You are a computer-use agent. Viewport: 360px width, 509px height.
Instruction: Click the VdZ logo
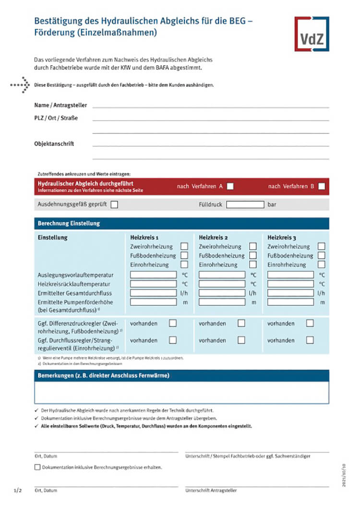pyautogui.click(x=312, y=34)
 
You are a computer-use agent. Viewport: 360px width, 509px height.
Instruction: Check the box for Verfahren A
pyautogui.click(x=230, y=186)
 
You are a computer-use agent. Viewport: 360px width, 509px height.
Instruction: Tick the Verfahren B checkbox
pyautogui.click(x=322, y=186)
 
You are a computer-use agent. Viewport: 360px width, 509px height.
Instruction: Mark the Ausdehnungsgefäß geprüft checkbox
pyautogui.click(x=114, y=205)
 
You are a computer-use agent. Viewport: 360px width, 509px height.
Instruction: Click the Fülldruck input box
pyautogui.click(x=245, y=205)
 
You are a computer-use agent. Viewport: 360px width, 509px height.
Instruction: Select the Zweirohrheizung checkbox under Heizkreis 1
pyautogui.click(x=184, y=247)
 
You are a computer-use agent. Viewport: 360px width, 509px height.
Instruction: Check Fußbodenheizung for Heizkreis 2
pyautogui.click(x=253, y=255)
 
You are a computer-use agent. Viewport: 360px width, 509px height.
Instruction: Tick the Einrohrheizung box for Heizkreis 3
pyautogui.click(x=322, y=265)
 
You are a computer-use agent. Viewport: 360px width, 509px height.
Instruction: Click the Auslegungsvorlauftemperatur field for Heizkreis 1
pyautogui.click(x=153, y=275)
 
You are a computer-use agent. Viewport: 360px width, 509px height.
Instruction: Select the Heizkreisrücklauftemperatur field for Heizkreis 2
pyautogui.click(x=222, y=284)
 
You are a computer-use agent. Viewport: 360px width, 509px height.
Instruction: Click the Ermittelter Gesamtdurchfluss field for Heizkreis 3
pyautogui.click(x=290, y=293)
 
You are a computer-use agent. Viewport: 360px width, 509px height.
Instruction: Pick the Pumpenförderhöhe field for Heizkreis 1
pyautogui.click(x=153, y=302)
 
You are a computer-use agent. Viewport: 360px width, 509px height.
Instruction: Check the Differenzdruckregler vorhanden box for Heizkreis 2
pyautogui.click(x=241, y=324)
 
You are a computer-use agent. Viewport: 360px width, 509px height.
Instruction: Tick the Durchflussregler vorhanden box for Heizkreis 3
pyautogui.click(x=310, y=340)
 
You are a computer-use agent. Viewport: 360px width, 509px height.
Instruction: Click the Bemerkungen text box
pyautogui.click(x=181, y=392)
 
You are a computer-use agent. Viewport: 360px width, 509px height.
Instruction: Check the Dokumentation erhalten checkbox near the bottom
pyautogui.click(x=37, y=467)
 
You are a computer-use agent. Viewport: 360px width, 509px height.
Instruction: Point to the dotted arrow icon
pyautogui.click(x=20, y=85)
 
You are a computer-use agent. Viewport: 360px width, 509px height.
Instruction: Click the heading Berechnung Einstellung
pyautogui.click(x=69, y=223)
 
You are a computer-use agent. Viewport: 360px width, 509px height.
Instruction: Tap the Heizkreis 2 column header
pyautogui.click(x=213, y=237)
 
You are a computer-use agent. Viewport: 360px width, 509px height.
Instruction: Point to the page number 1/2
pyautogui.click(x=18, y=491)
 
